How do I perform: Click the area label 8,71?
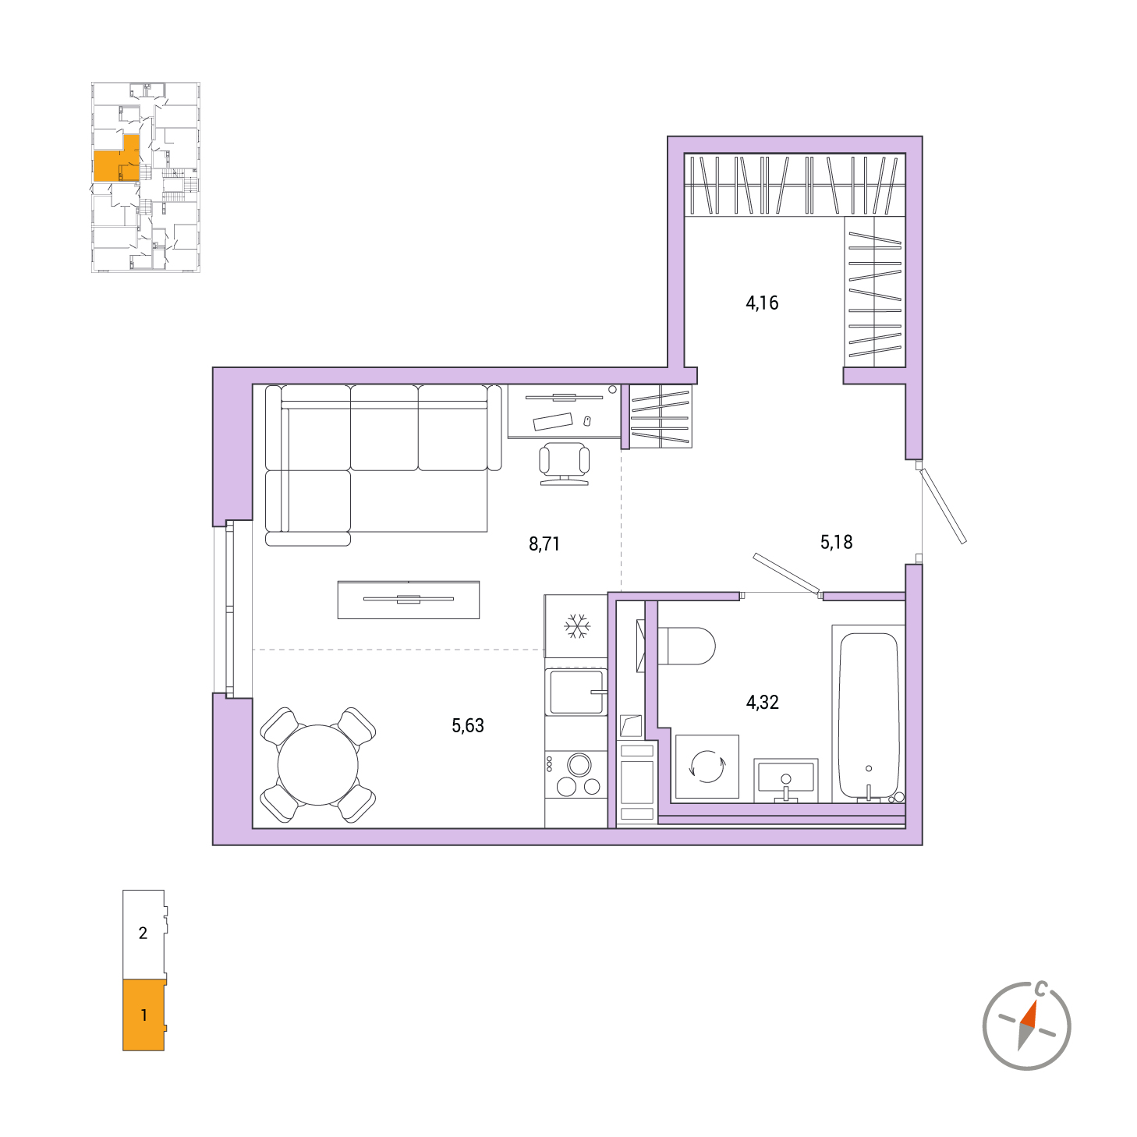pyautogui.click(x=544, y=544)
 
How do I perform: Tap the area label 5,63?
pyautogui.click(x=467, y=725)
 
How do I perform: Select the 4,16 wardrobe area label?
pyautogui.click(x=762, y=303)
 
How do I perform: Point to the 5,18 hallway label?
pyautogui.click(x=836, y=542)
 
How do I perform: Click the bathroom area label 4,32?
pyautogui.click(x=763, y=702)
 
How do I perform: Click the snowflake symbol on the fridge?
pyautogui.click(x=577, y=626)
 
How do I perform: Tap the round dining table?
pyautogui.click(x=317, y=765)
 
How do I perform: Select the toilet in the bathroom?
pyautogui.click(x=685, y=646)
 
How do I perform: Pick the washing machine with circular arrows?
pyautogui.click(x=707, y=767)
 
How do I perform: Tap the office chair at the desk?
pyautogui.click(x=564, y=464)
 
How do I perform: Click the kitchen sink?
pyautogui.click(x=576, y=692)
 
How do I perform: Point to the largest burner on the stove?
pyautogui.click(x=579, y=765)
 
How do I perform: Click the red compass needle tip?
pyautogui.click(x=1035, y=1001)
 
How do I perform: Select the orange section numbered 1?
pyautogui.click(x=143, y=1015)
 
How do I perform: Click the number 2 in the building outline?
pyautogui.click(x=143, y=933)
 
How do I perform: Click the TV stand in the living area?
pyautogui.click(x=409, y=600)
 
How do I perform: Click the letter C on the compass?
pyautogui.click(x=1042, y=988)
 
